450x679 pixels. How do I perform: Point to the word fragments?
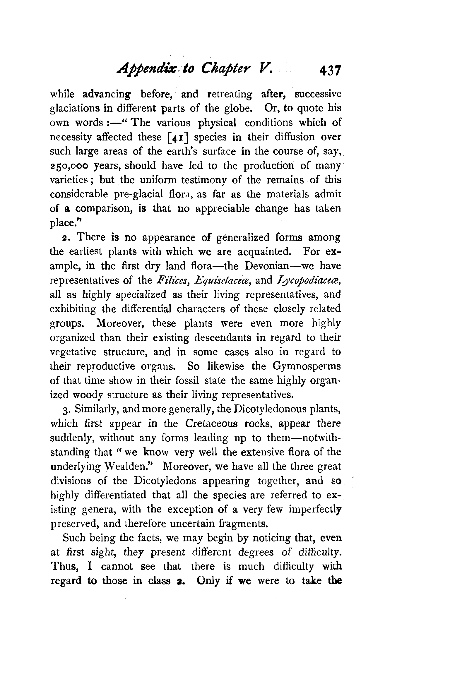[243, 524]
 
